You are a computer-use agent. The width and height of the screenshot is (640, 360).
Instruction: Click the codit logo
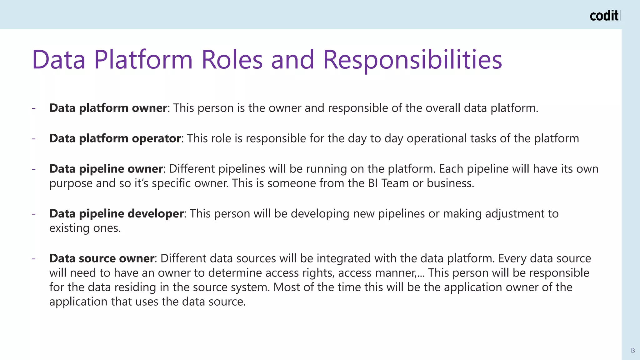click(x=604, y=16)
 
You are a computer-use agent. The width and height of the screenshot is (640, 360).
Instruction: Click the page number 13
click(x=632, y=351)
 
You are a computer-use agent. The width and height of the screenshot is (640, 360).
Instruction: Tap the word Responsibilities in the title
click(x=412, y=60)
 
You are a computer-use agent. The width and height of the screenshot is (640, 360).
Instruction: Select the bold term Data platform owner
click(x=108, y=108)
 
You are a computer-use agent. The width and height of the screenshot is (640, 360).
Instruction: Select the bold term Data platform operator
click(x=115, y=138)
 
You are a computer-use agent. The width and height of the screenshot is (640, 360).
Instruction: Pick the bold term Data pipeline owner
click(x=106, y=169)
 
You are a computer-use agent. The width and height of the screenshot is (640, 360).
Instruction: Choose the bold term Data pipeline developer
click(x=116, y=213)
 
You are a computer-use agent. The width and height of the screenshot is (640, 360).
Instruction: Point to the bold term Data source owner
click(x=102, y=258)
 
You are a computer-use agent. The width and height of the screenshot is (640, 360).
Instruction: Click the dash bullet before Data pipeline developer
click(x=34, y=214)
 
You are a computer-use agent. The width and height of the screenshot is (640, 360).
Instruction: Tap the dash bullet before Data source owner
click(x=34, y=258)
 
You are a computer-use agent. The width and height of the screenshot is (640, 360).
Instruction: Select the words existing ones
click(x=85, y=228)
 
